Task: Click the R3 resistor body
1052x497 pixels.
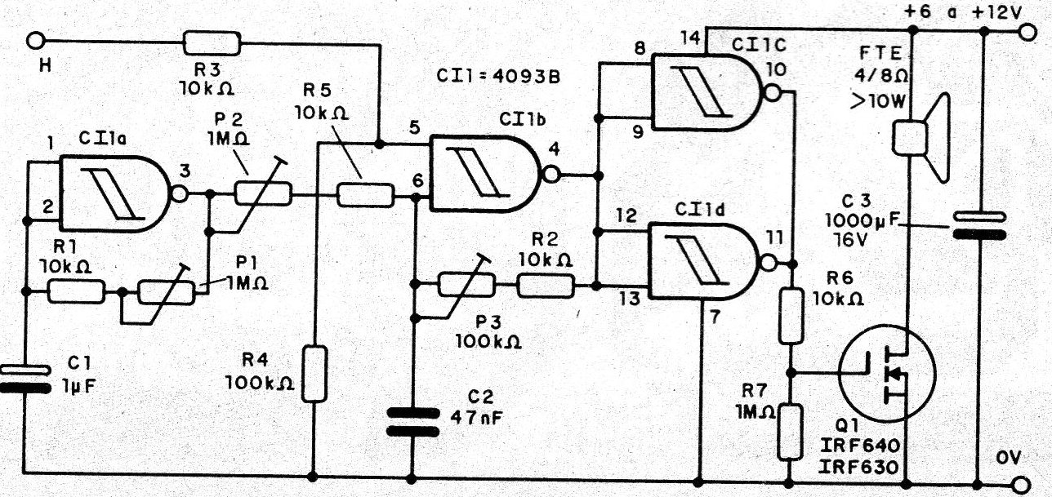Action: (x=212, y=42)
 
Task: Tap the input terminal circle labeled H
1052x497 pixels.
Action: (x=36, y=41)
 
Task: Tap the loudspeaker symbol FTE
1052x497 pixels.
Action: (x=920, y=137)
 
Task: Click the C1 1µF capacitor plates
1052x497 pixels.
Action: (x=26, y=379)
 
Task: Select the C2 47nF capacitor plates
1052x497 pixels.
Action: (x=412, y=423)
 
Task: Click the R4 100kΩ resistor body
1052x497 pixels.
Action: (x=314, y=374)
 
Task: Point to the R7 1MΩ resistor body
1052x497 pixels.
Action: (x=791, y=432)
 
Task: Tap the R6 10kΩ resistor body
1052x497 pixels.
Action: (x=791, y=317)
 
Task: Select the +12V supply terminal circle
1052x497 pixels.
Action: (x=1027, y=33)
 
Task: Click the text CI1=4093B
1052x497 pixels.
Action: (x=498, y=76)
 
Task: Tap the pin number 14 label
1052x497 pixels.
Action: (x=690, y=38)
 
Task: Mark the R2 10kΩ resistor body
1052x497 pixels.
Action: (x=546, y=286)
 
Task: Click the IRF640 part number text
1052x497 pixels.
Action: (x=859, y=445)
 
